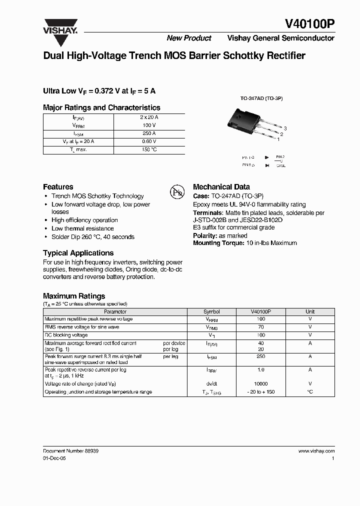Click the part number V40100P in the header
tap(309, 23)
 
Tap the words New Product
tap(189, 38)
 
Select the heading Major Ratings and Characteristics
tap(101, 107)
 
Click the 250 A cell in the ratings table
tap(149, 133)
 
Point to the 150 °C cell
tap(149, 149)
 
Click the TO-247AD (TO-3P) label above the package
tap(261, 98)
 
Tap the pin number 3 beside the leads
tap(284, 128)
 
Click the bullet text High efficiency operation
tap(84, 220)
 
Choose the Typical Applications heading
tap(78, 253)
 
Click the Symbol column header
tap(211, 311)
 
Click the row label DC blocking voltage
tap(66, 335)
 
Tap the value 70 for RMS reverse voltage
tap(260, 327)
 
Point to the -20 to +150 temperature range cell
tap(260, 392)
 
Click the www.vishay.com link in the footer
tap(316, 450)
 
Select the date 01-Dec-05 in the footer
tap(54, 457)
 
